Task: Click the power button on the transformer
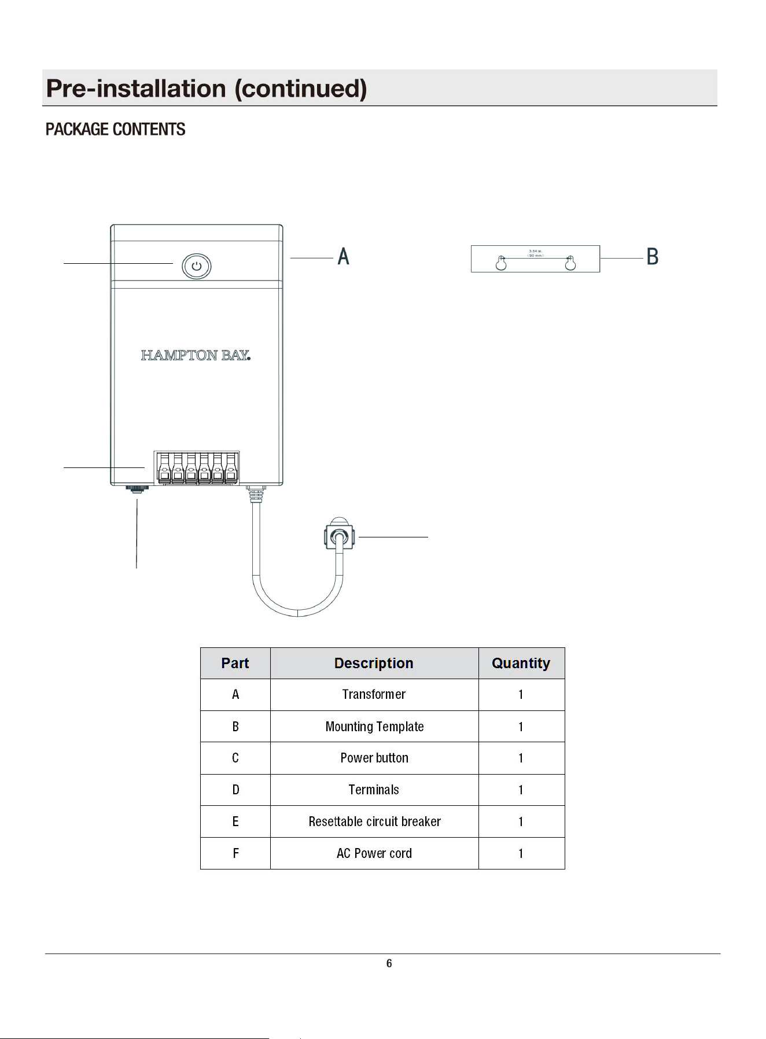click(x=197, y=266)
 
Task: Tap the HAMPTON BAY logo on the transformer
click(x=196, y=355)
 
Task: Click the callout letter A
click(x=344, y=256)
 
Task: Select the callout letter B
click(x=653, y=256)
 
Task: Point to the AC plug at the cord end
click(x=338, y=534)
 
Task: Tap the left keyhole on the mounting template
click(x=501, y=263)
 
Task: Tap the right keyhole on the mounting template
click(x=570, y=263)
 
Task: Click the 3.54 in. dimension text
click(x=535, y=251)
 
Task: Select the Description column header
click(x=374, y=663)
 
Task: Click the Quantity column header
click(x=521, y=663)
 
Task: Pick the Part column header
click(x=235, y=663)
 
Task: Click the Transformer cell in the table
click(x=374, y=694)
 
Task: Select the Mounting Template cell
click(x=374, y=727)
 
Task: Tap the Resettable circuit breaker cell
click(x=374, y=821)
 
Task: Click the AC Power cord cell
click(x=374, y=853)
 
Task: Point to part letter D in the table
click(x=235, y=790)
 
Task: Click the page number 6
click(x=389, y=963)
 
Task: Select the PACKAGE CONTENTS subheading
click(x=116, y=129)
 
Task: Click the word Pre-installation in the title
click(x=136, y=89)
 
